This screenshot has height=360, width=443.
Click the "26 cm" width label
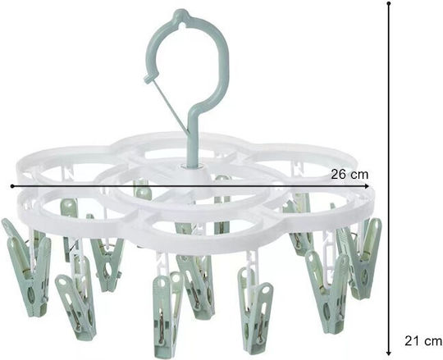[x=349, y=175]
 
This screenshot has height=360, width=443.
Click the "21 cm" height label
[x=423, y=341]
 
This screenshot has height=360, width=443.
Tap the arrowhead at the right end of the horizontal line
[x=366, y=186]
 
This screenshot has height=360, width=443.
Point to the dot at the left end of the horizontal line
[x=12, y=186]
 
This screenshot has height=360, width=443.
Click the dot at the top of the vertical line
[x=389, y=3]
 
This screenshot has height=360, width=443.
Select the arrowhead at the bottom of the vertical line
[x=389, y=353]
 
